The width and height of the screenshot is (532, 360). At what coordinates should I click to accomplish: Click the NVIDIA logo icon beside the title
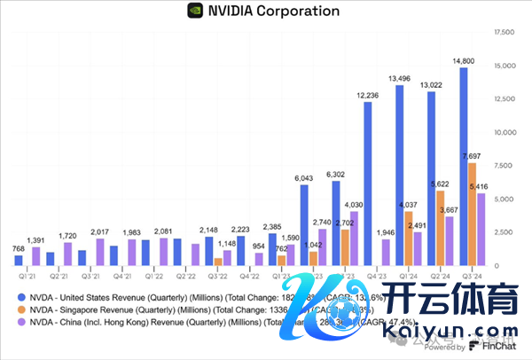pyautogui.click(x=194, y=12)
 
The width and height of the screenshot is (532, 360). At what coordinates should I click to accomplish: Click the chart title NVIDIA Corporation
pyautogui.click(x=272, y=12)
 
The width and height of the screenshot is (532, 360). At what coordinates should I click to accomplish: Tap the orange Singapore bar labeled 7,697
pyautogui.click(x=473, y=214)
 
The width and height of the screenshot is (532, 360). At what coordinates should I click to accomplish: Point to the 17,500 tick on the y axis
pyautogui.click(x=502, y=33)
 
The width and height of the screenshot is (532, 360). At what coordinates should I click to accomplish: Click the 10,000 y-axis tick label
pyautogui.click(x=502, y=133)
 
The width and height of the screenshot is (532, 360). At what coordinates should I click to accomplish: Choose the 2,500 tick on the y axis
pyautogui.click(x=502, y=232)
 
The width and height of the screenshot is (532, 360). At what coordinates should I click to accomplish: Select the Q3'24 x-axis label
pyautogui.click(x=473, y=276)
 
